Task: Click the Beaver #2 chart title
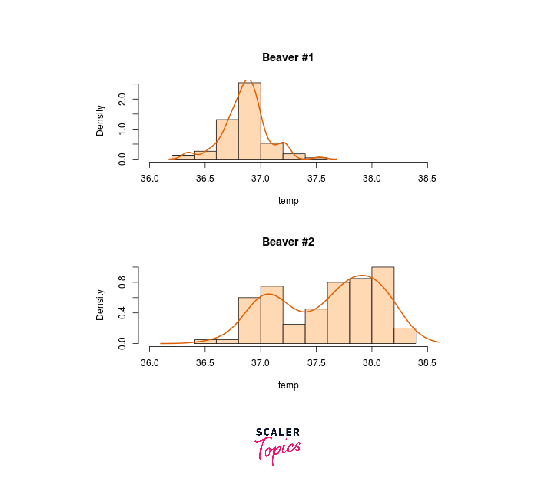tap(288, 242)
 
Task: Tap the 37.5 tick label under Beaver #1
tap(316, 179)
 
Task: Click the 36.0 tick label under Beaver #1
tap(150, 179)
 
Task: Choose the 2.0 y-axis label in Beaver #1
tap(122, 99)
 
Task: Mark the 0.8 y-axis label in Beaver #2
tap(122, 282)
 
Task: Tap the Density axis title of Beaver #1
tap(100, 120)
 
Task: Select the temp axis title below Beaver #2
tap(288, 385)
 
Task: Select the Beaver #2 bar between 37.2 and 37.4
tap(294, 334)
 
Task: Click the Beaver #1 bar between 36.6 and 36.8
tap(227, 139)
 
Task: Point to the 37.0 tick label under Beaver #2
tap(260, 363)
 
